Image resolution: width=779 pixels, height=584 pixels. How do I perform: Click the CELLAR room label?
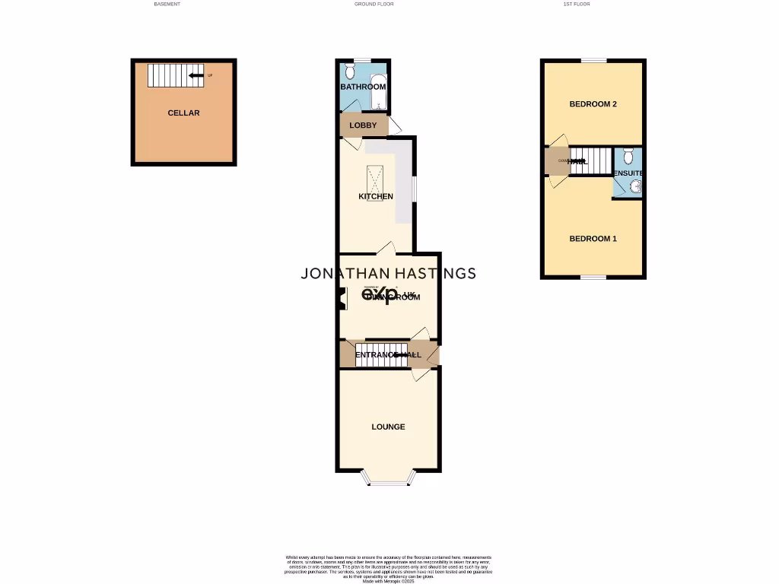[183, 113]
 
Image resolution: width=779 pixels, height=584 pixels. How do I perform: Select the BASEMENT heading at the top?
[167, 4]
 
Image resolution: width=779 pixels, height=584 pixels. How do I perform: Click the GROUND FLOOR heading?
[374, 4]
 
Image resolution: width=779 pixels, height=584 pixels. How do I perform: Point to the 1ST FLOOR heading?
[576, 4]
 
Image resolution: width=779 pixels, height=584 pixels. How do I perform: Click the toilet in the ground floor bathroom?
[349, 71]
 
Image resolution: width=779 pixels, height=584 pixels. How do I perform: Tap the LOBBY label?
[363, 125]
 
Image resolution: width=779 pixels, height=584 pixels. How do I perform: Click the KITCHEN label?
[376, 196]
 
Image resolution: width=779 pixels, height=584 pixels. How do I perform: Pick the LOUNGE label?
[388, 427]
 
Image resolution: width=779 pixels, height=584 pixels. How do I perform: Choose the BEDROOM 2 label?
[593, 104]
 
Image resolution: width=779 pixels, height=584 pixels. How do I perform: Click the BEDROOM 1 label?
[593, 239]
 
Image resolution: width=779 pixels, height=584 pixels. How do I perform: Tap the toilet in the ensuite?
[628, 156]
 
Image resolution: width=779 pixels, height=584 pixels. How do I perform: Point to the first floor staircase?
[591, 160]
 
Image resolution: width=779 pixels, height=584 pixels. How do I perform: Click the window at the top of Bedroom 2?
[594, 60]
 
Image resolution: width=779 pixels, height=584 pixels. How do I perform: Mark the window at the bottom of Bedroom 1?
[594, 278]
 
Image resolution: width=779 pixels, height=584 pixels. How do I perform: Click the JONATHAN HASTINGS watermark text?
[389, 274]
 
